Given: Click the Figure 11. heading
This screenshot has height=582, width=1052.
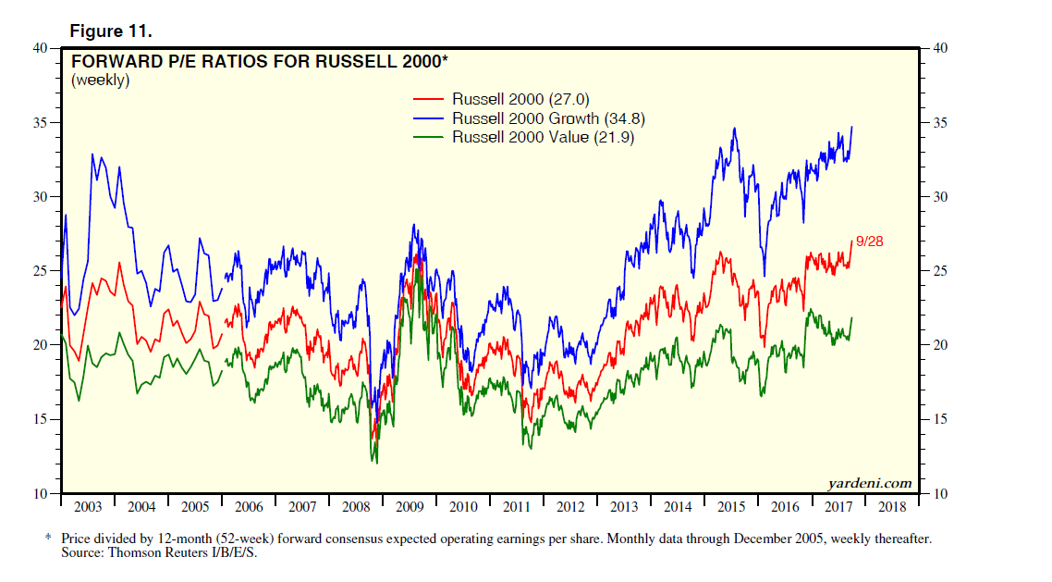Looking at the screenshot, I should click(111, 31).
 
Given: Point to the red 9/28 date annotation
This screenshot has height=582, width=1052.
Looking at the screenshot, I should click(870, 241).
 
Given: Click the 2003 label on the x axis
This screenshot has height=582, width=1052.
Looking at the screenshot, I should click(88, 507).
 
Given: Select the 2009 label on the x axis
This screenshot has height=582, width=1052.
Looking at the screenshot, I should click(410, 507).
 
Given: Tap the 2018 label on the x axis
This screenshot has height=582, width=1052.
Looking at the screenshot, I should click(892, 507).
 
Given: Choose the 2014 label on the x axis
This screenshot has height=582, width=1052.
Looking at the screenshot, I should click(678, 507).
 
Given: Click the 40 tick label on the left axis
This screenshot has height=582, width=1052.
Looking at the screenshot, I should click(40, 48).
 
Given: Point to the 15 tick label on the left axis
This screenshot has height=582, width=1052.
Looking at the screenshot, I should click(40, 419).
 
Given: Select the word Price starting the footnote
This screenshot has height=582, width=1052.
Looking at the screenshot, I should click(79, 539).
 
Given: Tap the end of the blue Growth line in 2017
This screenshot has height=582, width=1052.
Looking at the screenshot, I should click(851, 127).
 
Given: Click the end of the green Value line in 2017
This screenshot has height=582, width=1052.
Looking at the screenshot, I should click(851, 318).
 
